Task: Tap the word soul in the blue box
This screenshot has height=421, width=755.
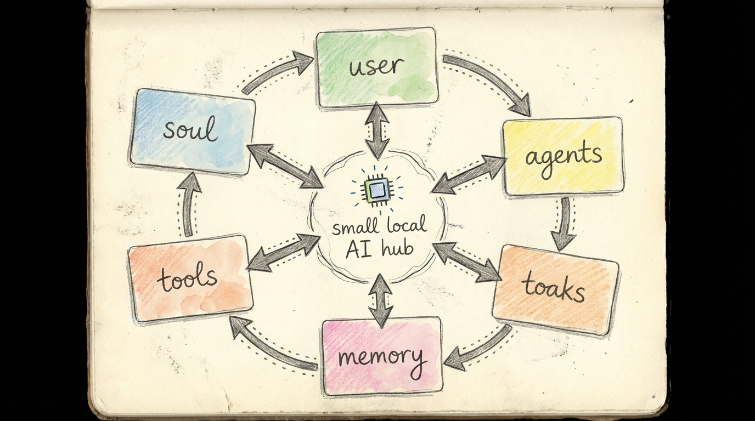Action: [190, 130]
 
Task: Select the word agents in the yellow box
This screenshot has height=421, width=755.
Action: [563, 156]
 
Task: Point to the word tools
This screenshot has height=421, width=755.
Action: [188, 278]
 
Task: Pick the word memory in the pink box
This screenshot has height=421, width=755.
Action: [382, 357]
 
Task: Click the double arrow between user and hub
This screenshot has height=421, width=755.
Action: [377, 130]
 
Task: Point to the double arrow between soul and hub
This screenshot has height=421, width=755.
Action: [285, 166]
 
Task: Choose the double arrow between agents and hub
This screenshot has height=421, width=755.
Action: [469, 174]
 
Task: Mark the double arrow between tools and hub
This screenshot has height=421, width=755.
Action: [283, 252]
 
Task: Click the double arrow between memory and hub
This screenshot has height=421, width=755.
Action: [380, 300]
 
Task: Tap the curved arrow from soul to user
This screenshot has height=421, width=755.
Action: [277, 71]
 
